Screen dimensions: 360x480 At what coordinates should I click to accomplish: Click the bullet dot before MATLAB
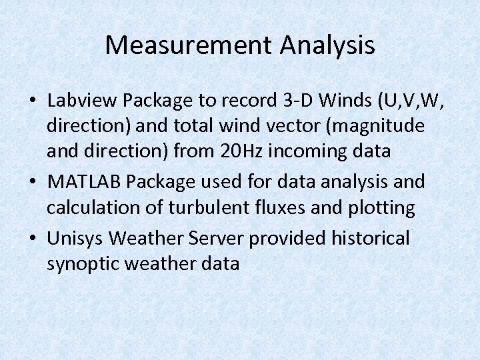coord(33,182)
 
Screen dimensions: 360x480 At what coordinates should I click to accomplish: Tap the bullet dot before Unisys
coord(33,238)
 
